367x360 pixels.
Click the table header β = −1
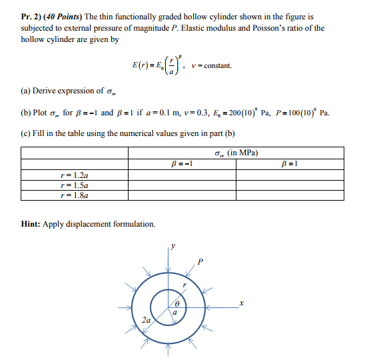click(182, 164)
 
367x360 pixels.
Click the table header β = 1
click(289, 164)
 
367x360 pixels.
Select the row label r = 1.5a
click(74, 186)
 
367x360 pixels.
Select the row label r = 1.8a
click(74, 196)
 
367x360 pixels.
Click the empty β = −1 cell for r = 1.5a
click(182, 186)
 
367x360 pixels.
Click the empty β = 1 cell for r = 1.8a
click(289, 196)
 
